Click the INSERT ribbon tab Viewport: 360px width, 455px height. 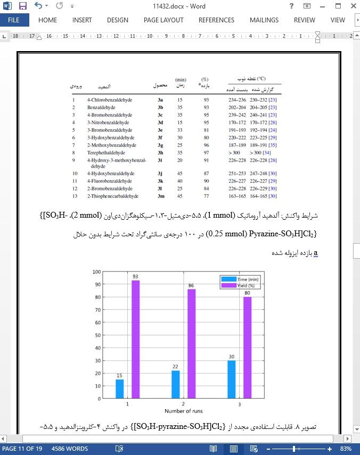(82, 20)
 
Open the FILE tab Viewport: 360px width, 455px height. (14, 20)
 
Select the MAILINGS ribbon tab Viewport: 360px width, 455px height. (264, 20)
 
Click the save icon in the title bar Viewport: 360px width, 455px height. (22, 6)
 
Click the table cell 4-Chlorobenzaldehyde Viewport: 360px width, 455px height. (110, 100)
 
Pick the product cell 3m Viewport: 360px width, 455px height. (160, 196)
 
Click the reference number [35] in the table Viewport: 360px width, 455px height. (273, 145)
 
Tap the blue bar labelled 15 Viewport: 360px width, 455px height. (120, 388)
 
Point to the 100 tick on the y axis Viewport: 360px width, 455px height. (96, 271)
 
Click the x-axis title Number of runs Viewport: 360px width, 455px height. (183, 411)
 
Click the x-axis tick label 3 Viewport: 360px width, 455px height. (239, 404)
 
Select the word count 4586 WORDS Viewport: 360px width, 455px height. (70, 449)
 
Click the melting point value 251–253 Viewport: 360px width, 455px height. (237, 173)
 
